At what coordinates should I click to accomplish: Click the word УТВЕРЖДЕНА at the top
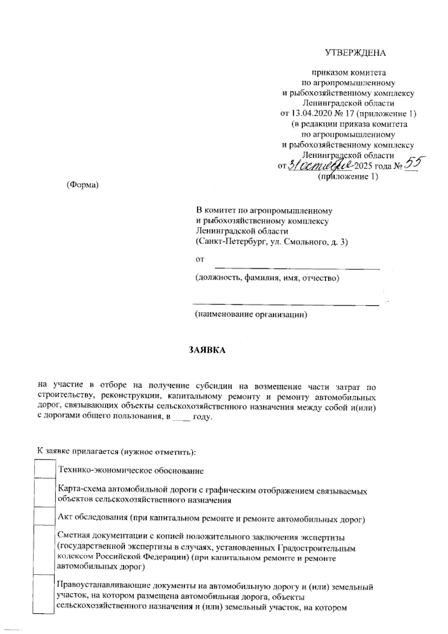point(355,53)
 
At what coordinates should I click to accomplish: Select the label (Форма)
point(82,185)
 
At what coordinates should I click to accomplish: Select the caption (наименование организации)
point(251,315)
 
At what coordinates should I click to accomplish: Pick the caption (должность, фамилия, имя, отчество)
point(267,278)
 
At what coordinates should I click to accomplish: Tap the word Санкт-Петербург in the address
point(231,242)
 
